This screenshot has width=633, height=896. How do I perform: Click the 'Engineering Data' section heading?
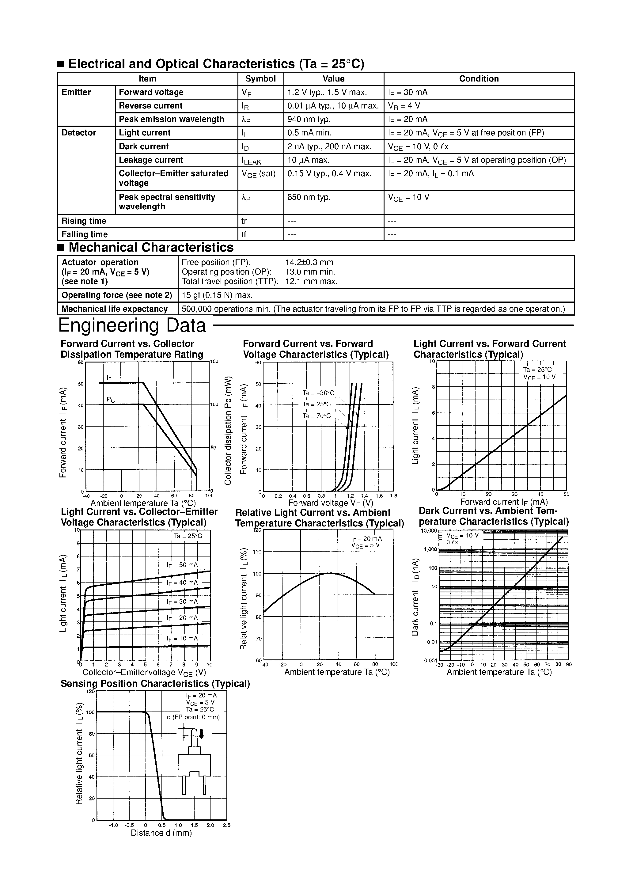132,325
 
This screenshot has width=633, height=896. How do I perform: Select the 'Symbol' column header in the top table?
260,79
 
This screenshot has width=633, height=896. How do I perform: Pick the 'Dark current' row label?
144,146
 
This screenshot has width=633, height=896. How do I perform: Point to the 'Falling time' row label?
85,234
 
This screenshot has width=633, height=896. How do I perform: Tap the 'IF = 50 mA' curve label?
182,565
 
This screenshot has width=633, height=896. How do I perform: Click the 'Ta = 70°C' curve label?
316,416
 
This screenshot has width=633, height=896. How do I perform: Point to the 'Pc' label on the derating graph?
111,400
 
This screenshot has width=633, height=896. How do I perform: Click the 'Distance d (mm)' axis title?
161,833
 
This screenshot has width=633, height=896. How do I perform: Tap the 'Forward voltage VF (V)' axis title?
331,503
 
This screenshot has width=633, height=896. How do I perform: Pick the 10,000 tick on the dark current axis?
429,531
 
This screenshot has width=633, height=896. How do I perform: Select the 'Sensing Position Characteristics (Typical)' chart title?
155,683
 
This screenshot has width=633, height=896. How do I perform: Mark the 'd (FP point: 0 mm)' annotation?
193,717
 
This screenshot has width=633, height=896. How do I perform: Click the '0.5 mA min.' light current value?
309,133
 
